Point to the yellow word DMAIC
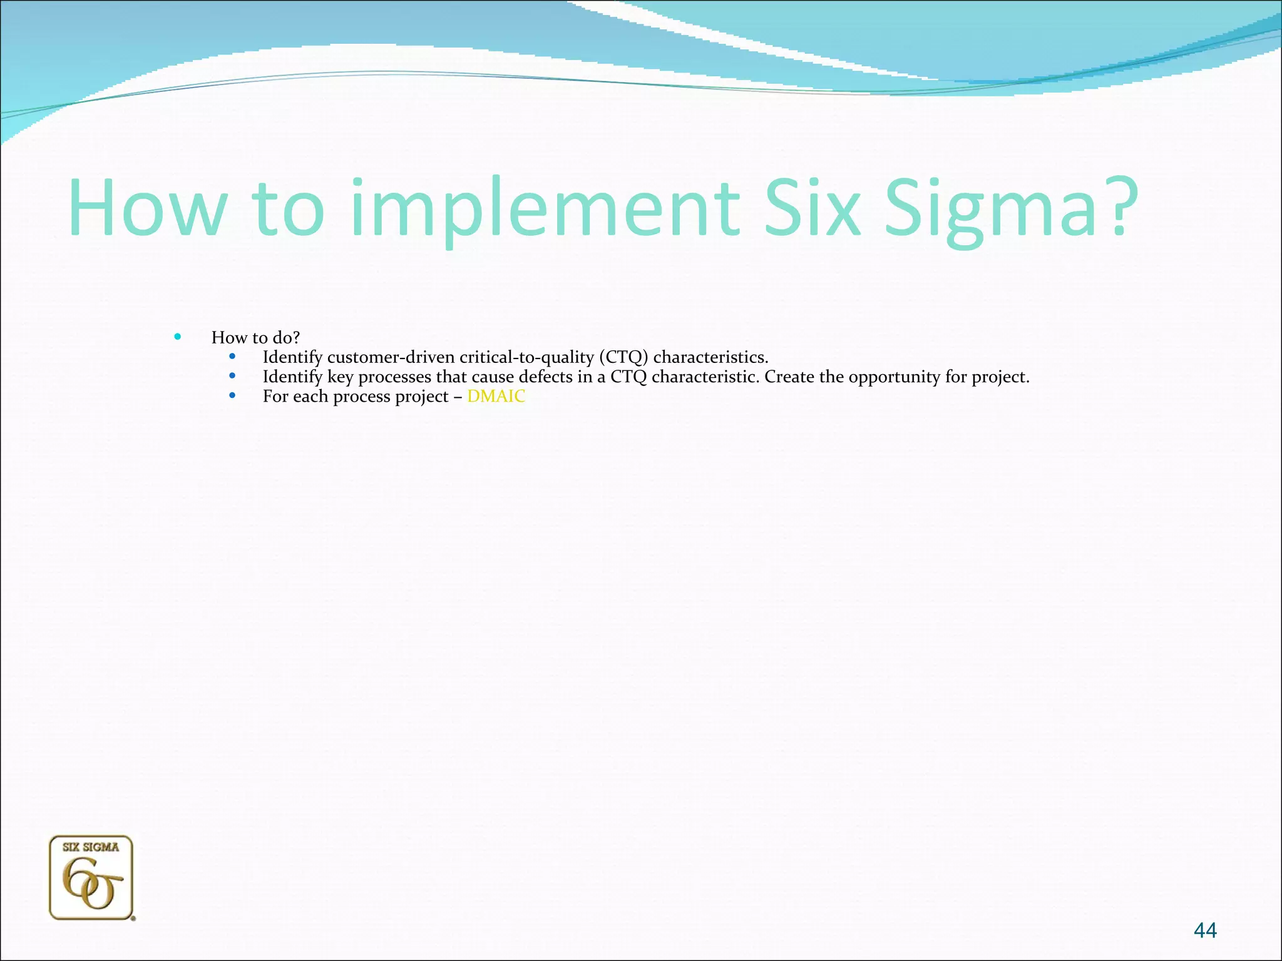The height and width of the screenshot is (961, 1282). tap(496, 397)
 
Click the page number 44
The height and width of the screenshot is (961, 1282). tap(1205, 930)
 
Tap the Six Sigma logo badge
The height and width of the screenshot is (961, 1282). tap(91, 878)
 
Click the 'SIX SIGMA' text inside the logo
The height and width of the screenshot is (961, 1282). tap(91, 847)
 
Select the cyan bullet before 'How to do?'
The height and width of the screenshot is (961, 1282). tap(178, 337)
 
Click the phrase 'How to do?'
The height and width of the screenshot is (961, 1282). tap(255, 338)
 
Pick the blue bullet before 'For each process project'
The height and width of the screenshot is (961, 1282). tap(232, 396)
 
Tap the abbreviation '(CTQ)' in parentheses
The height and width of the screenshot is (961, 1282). tap(623, 357)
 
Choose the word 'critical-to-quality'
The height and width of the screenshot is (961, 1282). tap(526, 357)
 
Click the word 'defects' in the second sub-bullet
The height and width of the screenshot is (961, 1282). tap(545, 377)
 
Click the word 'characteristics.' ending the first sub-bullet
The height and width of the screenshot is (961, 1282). tap(710, 357)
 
